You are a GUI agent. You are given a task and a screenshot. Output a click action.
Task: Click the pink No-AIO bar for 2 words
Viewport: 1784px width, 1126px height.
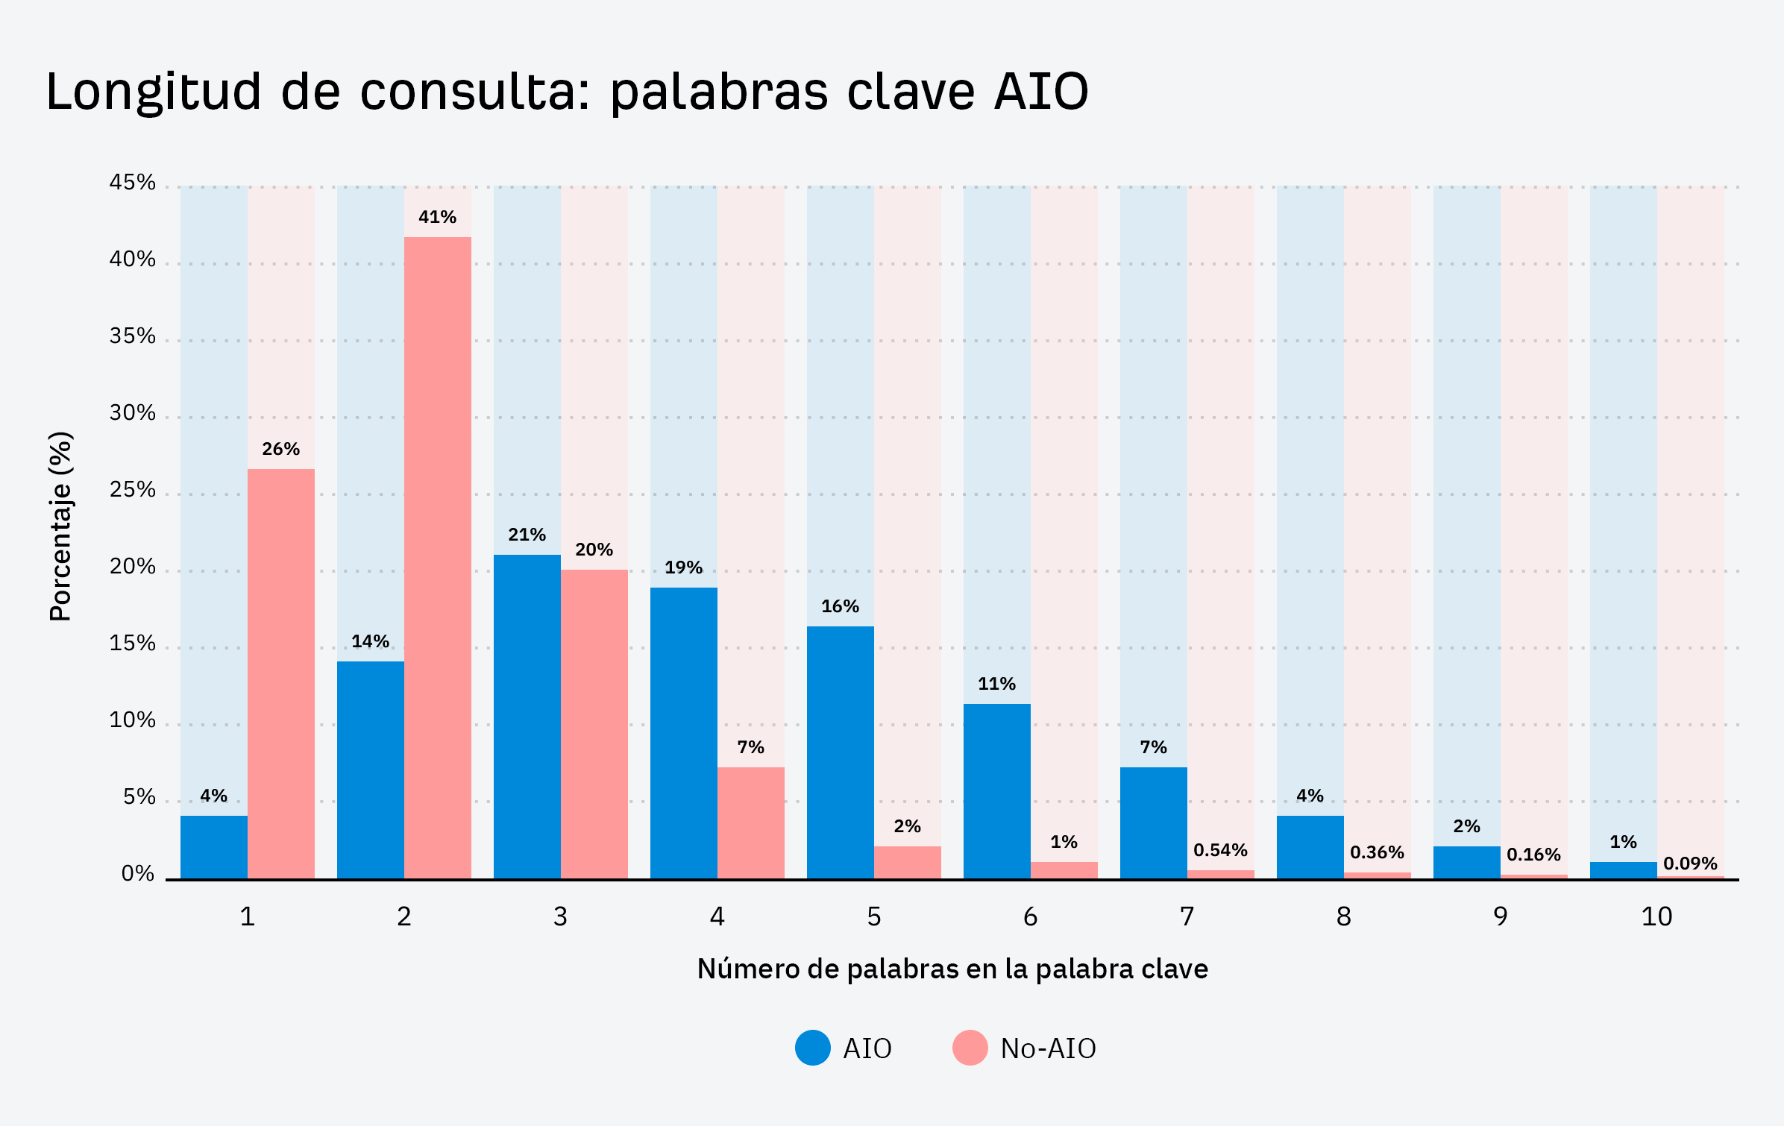pos(438,558)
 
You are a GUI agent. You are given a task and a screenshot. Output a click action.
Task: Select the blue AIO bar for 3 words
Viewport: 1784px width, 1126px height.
pos(527,716)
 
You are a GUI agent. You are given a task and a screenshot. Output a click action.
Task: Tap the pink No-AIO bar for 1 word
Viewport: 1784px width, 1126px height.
pos(281,673)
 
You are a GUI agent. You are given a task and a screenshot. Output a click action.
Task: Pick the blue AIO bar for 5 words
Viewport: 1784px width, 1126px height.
pos(841,752)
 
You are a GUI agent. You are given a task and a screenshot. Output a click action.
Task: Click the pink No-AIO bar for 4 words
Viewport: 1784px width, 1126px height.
pos(751,823)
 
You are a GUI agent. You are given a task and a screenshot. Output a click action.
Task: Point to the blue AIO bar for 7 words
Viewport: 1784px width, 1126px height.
pos(1154,823)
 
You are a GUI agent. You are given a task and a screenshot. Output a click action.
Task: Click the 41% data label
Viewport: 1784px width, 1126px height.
pos(438,217)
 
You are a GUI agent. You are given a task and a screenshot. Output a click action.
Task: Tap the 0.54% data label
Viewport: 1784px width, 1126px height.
pos(1220,850)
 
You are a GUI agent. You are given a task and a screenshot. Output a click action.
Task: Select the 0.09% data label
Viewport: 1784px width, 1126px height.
pos(1690,864)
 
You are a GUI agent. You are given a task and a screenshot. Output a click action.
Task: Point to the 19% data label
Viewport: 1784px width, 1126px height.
pos(684,567)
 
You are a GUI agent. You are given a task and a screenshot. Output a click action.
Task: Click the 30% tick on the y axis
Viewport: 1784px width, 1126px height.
pos(133,413)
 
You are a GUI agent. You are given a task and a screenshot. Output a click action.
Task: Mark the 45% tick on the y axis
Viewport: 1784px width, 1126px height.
pos(133,183)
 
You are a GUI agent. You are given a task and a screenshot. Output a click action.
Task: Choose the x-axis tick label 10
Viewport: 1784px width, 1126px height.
pos(1656,916)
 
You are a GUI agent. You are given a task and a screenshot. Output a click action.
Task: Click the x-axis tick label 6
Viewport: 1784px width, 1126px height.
pos(1030,916)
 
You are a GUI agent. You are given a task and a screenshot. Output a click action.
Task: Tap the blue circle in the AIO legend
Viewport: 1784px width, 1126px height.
pos(813,1048)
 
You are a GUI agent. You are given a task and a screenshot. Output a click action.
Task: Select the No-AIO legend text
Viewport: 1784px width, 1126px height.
pos(1048,1048)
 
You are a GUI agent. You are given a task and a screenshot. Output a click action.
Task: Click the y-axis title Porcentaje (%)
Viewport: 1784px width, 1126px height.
pos(61,526)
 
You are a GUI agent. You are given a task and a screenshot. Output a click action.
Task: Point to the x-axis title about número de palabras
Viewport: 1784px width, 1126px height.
pos(952,969)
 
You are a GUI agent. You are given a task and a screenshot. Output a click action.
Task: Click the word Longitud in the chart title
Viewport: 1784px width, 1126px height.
pos(154,92)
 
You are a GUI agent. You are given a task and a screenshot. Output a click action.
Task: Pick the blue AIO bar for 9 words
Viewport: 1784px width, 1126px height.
pos(1467,862)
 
